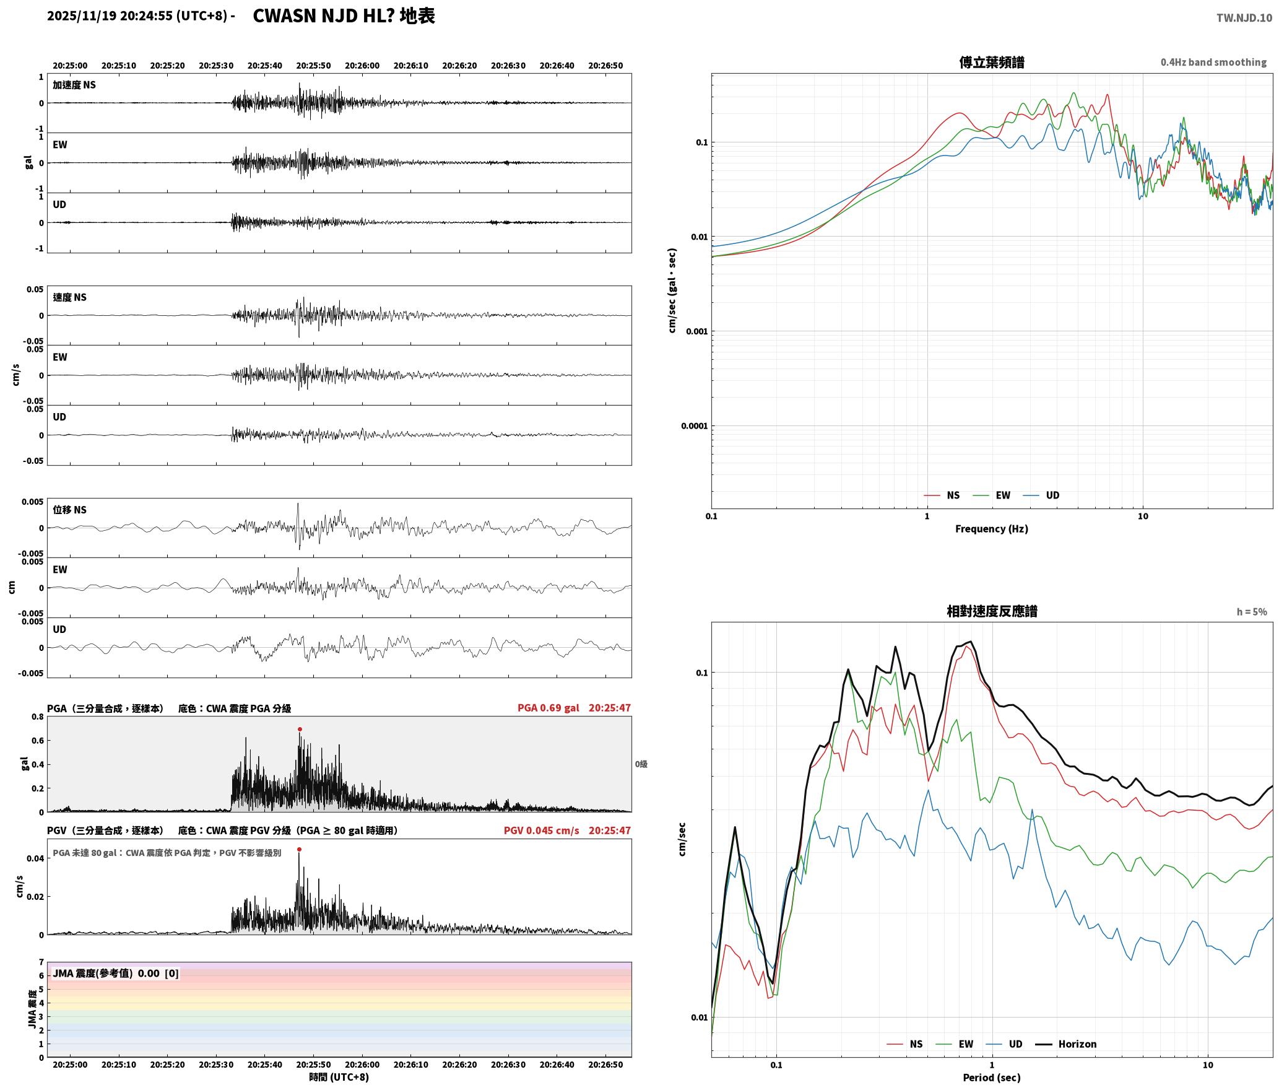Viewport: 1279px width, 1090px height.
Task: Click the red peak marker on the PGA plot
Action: pos(300,730)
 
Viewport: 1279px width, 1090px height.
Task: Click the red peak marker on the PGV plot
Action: pos(300,850)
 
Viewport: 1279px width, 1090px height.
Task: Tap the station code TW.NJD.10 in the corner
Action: pos(1244,18)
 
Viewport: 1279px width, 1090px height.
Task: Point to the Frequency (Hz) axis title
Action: pos(991,529)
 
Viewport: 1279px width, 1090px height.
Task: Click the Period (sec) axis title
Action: pos(991,1078)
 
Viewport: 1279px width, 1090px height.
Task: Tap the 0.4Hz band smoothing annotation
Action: pos(1213,63)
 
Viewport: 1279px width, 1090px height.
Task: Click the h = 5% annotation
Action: pos(1252,612)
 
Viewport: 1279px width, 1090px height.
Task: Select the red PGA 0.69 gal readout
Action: pos(548,708)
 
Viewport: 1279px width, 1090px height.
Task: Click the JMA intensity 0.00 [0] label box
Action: pos(116,974)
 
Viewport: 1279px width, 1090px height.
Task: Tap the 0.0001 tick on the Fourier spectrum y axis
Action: pos(694,426)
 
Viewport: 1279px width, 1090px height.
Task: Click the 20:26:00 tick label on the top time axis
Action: pos(362,66)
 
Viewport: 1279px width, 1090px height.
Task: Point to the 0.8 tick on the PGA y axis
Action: pos(38,717)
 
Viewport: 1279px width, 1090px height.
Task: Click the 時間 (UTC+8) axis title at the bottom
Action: pos(339,1077)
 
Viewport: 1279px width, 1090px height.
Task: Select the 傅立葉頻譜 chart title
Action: pos(991,63)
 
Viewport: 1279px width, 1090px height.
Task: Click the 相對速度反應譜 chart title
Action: pos(991,611)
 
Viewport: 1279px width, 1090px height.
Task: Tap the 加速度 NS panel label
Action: pos(74,85)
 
